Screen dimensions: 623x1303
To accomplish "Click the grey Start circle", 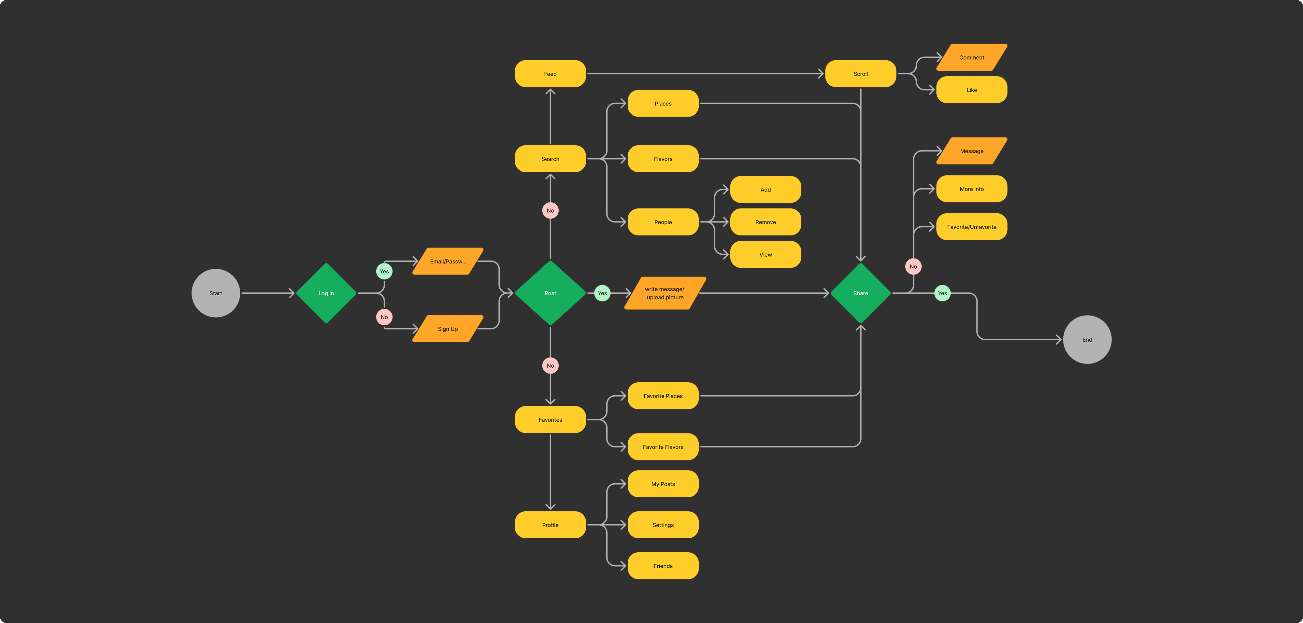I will tap(215, 293).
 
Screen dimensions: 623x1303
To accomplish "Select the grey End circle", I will tap(1087, 340).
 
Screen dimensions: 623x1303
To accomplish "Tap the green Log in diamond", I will tap(326, 293).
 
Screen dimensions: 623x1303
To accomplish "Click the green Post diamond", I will tap(550, 293).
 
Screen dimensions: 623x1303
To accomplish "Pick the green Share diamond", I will tap(860, 293).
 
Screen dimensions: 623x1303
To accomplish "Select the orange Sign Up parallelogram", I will tap(448, 329).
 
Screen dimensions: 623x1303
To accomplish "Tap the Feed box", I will tap(550, 74).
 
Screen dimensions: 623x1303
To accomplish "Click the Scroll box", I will tap(860, 74).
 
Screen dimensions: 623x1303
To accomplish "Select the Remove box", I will tap(765, 222).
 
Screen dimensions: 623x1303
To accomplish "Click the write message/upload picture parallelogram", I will tap(665, 293).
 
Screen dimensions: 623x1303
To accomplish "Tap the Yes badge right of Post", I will tap(602, 293).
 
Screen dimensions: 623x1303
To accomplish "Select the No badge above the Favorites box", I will tap(550, 366).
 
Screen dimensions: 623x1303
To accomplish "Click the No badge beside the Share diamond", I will tap(913, 266).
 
